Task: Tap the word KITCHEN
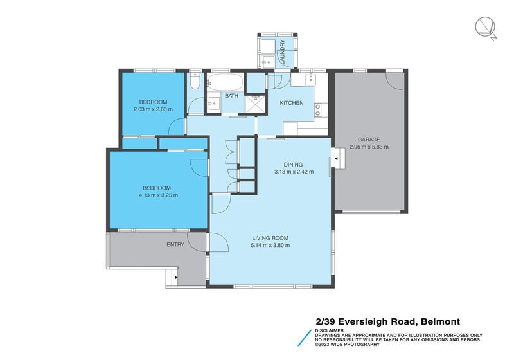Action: pyautogui.click(x=291, y=103)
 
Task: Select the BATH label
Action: pyautogui.click(x=231, y=96)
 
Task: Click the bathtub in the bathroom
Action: pyautogui.click(x=225, y=82)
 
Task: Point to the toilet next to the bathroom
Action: pyautogui.click(x=195, y=82)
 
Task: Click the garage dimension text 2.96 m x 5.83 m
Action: pyautogui.click(x=369, y=147)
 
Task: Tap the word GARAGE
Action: pyautogui.click(x=369, y=139)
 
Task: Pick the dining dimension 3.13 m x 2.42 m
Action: pyautogui.click(x=293, y=172)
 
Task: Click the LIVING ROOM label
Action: pyautogui.click(x=270, y=238)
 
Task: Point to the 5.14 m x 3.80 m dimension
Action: pyautogui.click(x=270, y=245)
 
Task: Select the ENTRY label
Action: pyautogui.click(x=175, y=244)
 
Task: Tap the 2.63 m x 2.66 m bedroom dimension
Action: pyautogui.click(x=153, y=109)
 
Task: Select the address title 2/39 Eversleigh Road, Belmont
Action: pyautogui.click(x=387, y=321)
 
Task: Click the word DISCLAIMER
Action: pyautogui.click(x=329, y=330)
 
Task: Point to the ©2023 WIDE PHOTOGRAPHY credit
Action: pyautogui.click(x=344, y=345)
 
